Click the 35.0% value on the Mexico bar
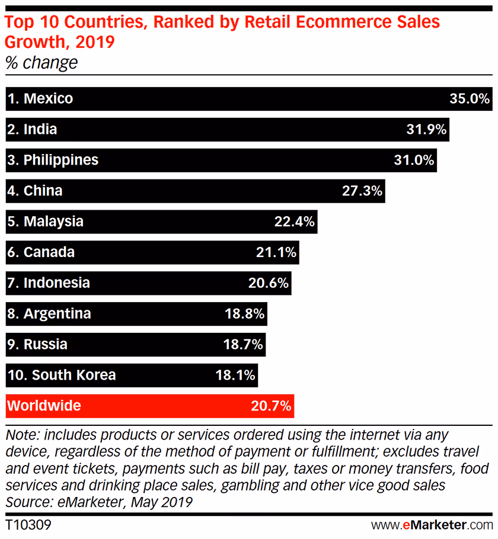click(x=470, y=98)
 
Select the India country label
click(x=40, y=129)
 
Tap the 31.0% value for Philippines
click(x=414, y=160)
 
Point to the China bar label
click(x=43, y=191)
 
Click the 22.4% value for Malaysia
click(x=295, y=222)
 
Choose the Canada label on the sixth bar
click(x=49, y=252)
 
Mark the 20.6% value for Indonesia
click(x=269, y=283)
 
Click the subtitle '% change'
click(x=41, y=62)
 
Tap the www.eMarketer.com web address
click(x=432, y=525)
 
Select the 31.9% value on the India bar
click(x=426, y=129)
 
